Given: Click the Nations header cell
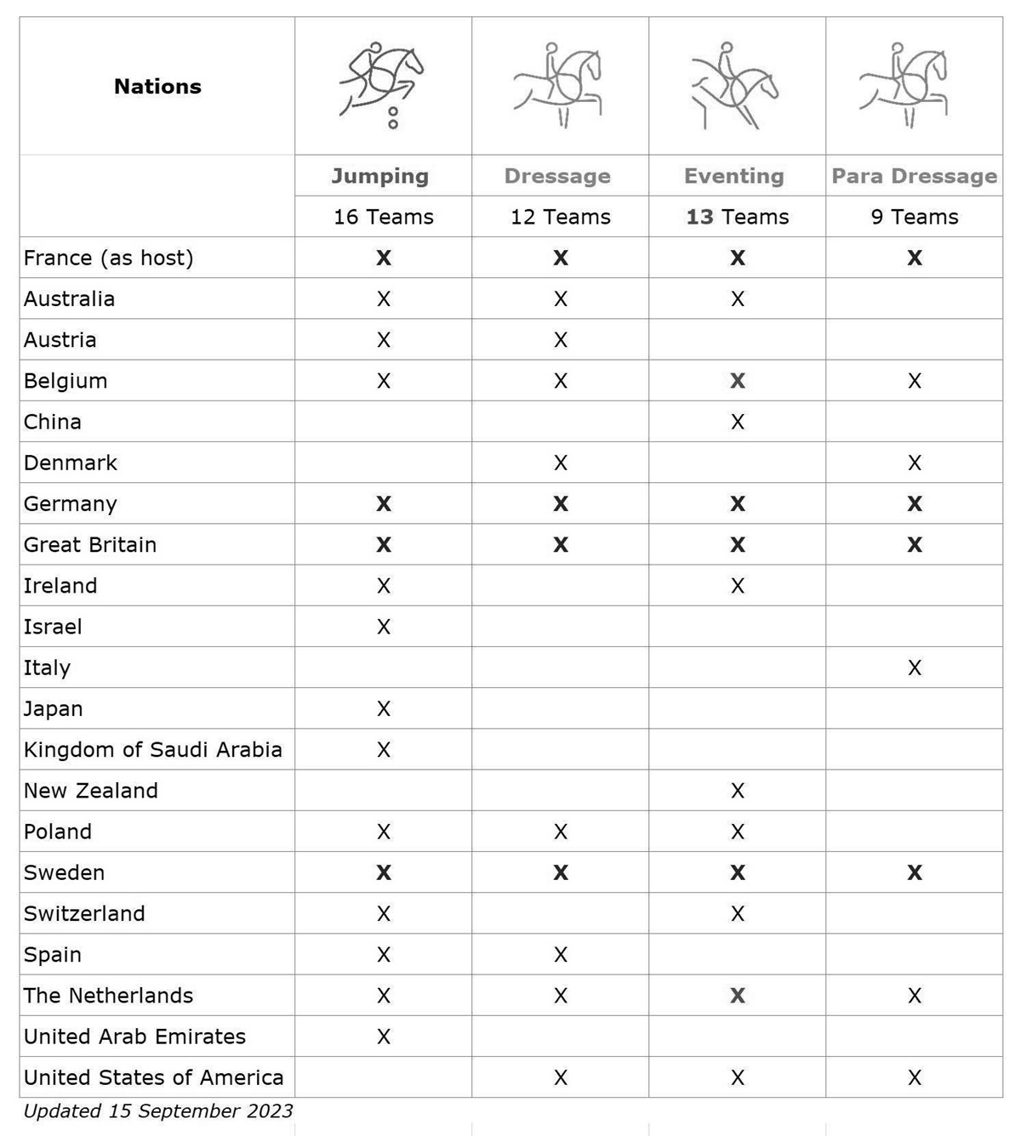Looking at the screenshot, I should click(157, 87).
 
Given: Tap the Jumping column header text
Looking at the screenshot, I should click(380, 176).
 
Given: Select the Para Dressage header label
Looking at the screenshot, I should click(914, 176).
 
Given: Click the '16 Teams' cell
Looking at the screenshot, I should click(384, 217).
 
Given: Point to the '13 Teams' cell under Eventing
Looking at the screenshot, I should click(738, 217).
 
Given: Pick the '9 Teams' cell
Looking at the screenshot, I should click(915, 217).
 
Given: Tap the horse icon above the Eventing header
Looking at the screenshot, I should click(734, 85).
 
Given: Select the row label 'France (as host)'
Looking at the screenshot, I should click(109, 258).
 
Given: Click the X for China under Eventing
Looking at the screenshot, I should click(738, 422).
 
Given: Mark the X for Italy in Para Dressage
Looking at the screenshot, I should click(915, 668).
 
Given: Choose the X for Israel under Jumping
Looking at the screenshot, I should click(384, 627).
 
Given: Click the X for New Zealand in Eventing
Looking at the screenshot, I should click(738, 791).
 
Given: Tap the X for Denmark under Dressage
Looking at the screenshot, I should click(561, 463).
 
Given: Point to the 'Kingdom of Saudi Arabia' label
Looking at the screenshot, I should click(153, 750).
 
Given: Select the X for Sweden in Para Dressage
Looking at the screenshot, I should click(915, 872).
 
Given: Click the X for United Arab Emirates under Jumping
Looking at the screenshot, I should click(384, 1037).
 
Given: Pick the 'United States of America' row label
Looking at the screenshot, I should click(154, 1077).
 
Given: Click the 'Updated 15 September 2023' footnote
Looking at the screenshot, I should click(158, 1111).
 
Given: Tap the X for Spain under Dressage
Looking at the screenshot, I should click(561, 955).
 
